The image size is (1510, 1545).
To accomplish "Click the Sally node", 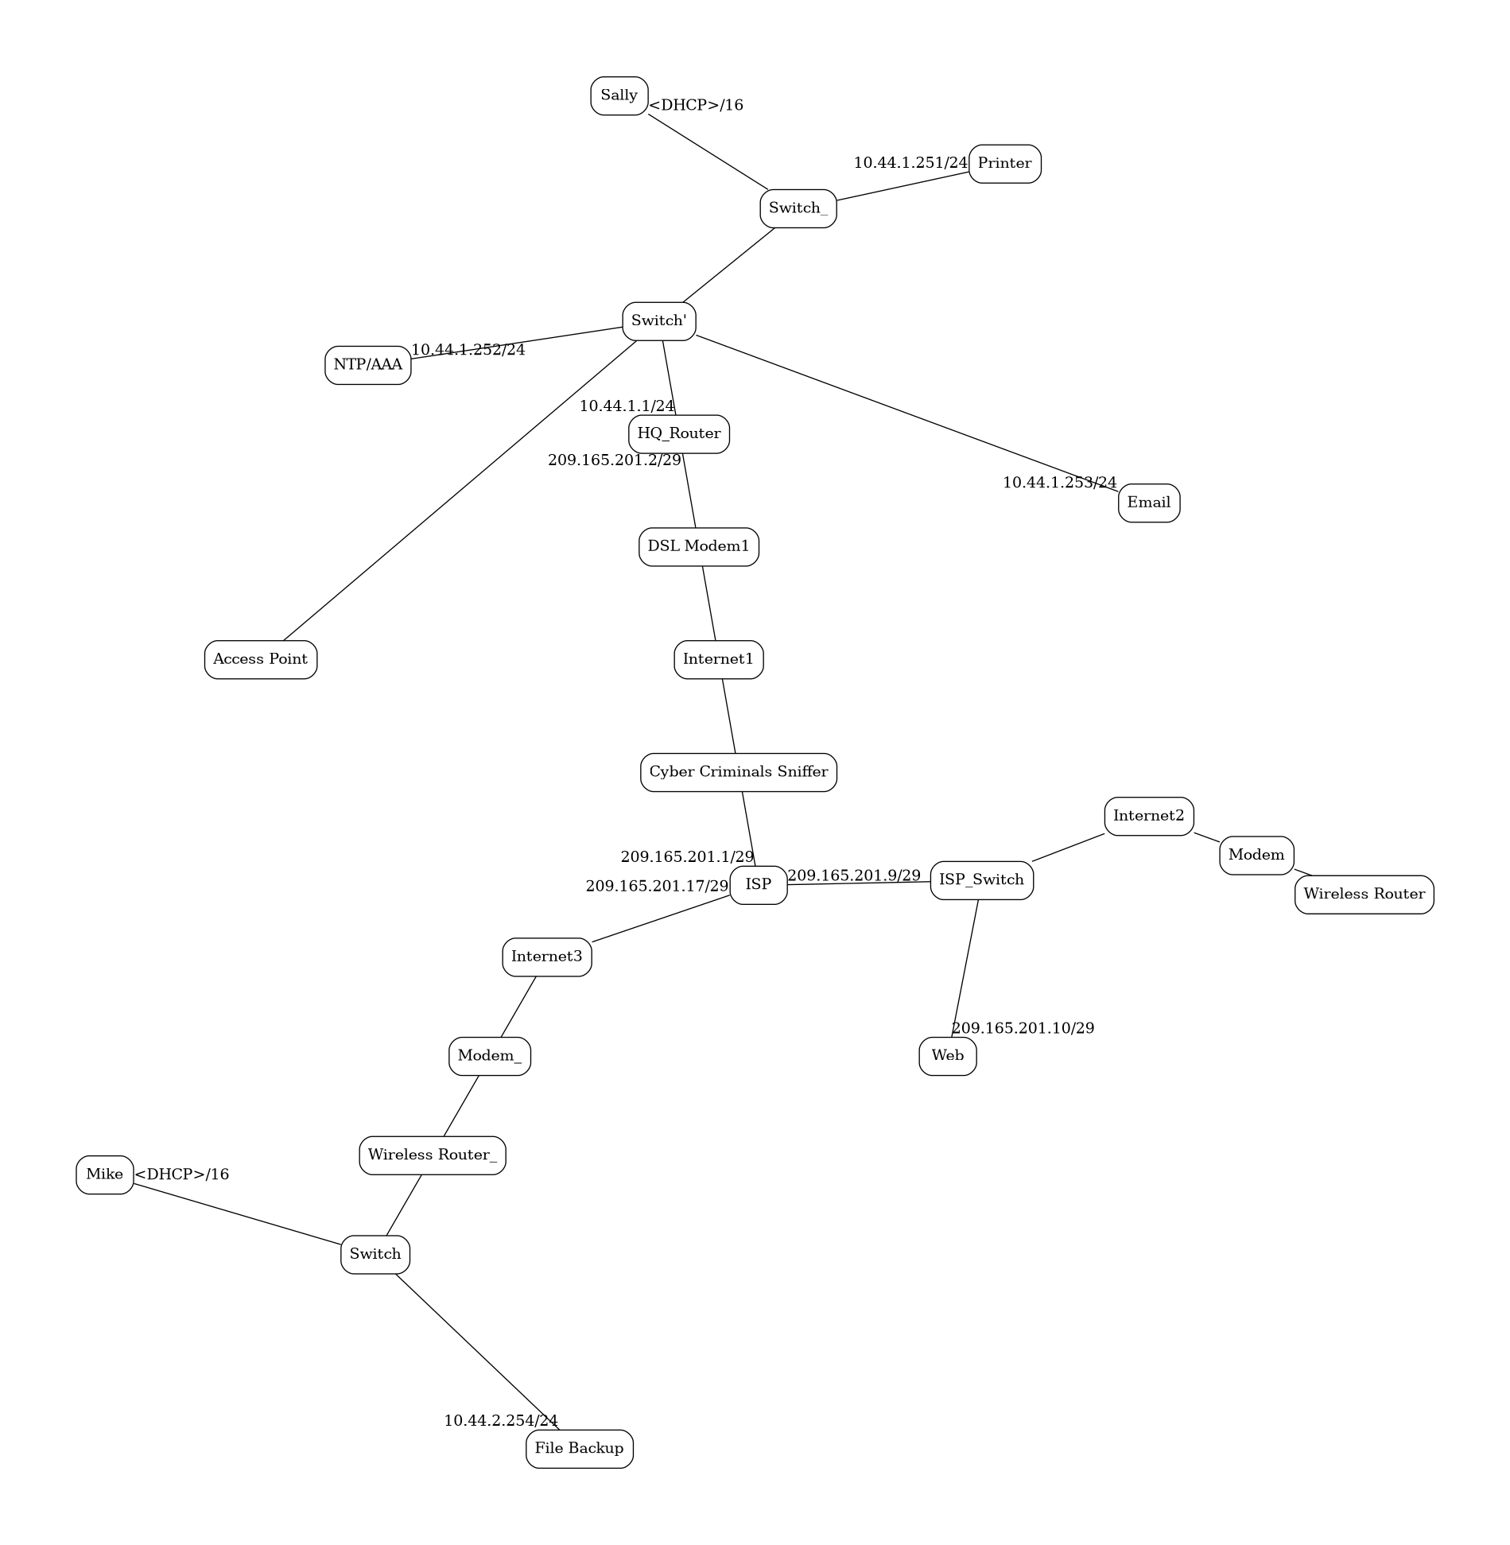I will tap(619, 95).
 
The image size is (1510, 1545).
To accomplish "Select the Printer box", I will tap(1004, 164).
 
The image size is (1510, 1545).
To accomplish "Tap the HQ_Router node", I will tap(678, 434).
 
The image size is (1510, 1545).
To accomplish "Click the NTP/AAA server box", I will tap(367, 365).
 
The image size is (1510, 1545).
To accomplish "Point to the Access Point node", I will tap(260, 659).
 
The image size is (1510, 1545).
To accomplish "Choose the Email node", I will tap(1148, 503).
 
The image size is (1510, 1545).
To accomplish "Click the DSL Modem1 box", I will tap(698, 547).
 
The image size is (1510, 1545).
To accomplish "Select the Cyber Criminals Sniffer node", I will tap(738, 772).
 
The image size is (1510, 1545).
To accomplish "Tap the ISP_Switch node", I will tap(981, 880).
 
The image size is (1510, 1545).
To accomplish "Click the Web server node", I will tap(947, 1056).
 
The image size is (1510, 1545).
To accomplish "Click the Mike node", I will tap(104, 1174).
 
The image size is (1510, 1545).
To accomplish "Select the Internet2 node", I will tap(1148, 816).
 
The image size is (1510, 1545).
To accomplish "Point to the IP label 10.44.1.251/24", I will tap(910, 163).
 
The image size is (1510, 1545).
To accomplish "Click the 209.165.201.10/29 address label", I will tap(1023, 1028).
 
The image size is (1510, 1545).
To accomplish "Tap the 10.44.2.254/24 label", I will tap(500, 1420).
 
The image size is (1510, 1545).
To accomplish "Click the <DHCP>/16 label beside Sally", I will tap(696, 105).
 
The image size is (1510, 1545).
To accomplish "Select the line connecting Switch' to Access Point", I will tap(460, 490).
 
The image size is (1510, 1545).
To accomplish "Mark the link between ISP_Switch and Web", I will tap(965, 968).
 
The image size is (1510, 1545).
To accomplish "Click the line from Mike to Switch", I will tap(237, 1213).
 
